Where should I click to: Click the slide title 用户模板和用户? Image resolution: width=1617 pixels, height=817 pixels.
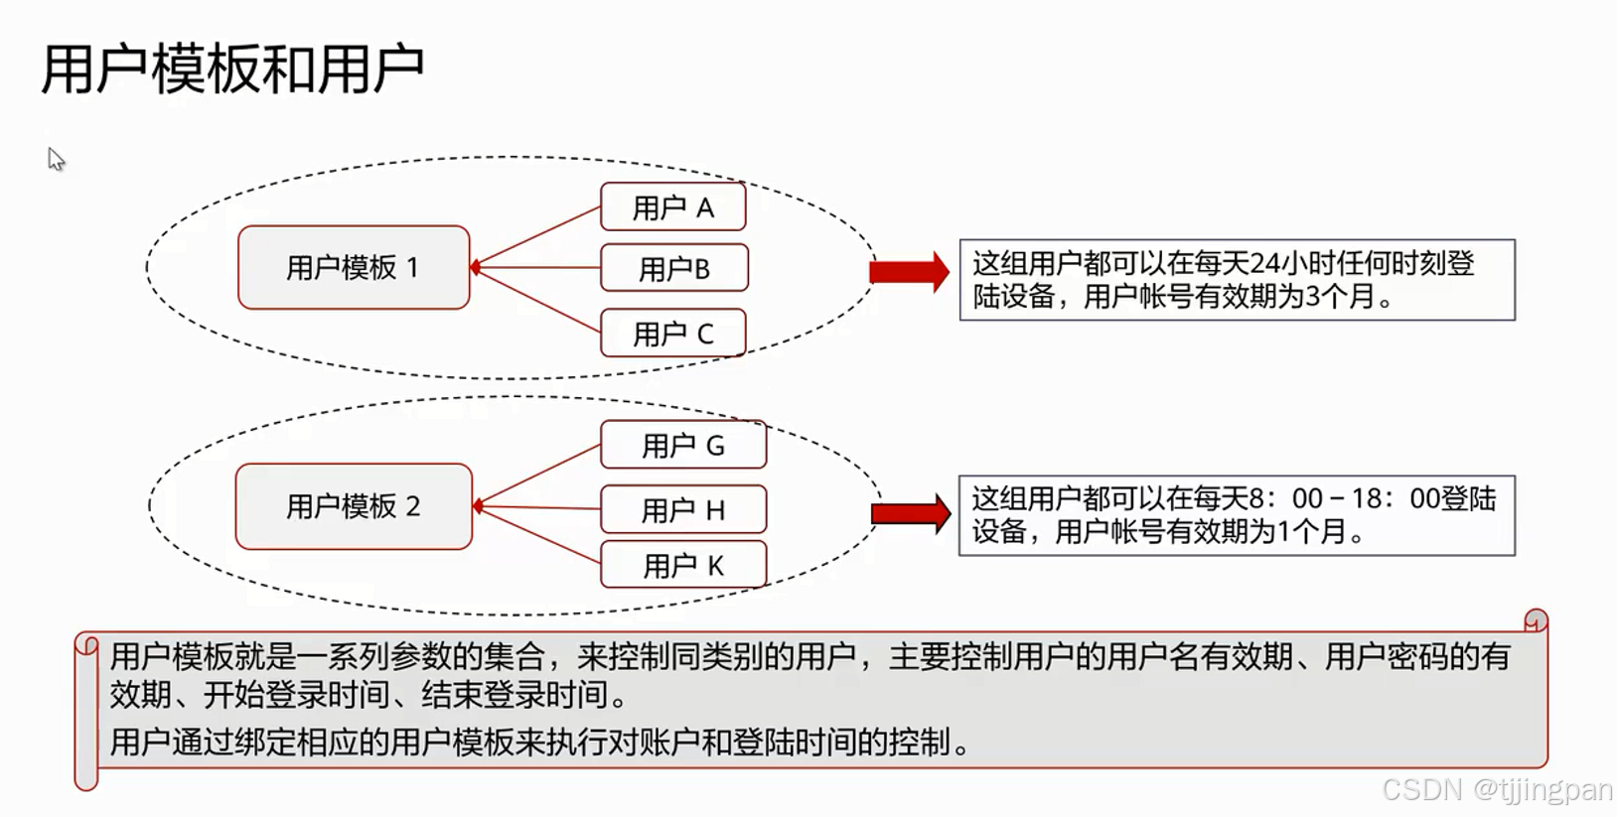[232, 69]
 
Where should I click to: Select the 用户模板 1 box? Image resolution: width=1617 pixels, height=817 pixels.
[354, 268]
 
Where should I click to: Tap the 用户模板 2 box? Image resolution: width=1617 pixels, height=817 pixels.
[354, 506]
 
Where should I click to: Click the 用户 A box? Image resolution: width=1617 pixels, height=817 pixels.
[673, 207]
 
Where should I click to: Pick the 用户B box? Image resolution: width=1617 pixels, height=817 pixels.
[674, 268]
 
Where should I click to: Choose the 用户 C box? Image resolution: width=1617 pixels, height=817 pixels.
[673, 334]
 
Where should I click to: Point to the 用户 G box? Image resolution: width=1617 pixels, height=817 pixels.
[683, 446]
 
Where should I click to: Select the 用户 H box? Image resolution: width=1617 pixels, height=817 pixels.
[683, 510]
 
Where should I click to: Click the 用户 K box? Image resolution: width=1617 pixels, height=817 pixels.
[683, 566]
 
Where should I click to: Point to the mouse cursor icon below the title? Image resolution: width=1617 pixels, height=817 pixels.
[56, 159]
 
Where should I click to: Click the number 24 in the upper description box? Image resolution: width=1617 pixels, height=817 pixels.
[1264, 263]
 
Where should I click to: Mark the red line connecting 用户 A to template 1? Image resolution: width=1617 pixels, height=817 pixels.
[536, 236]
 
